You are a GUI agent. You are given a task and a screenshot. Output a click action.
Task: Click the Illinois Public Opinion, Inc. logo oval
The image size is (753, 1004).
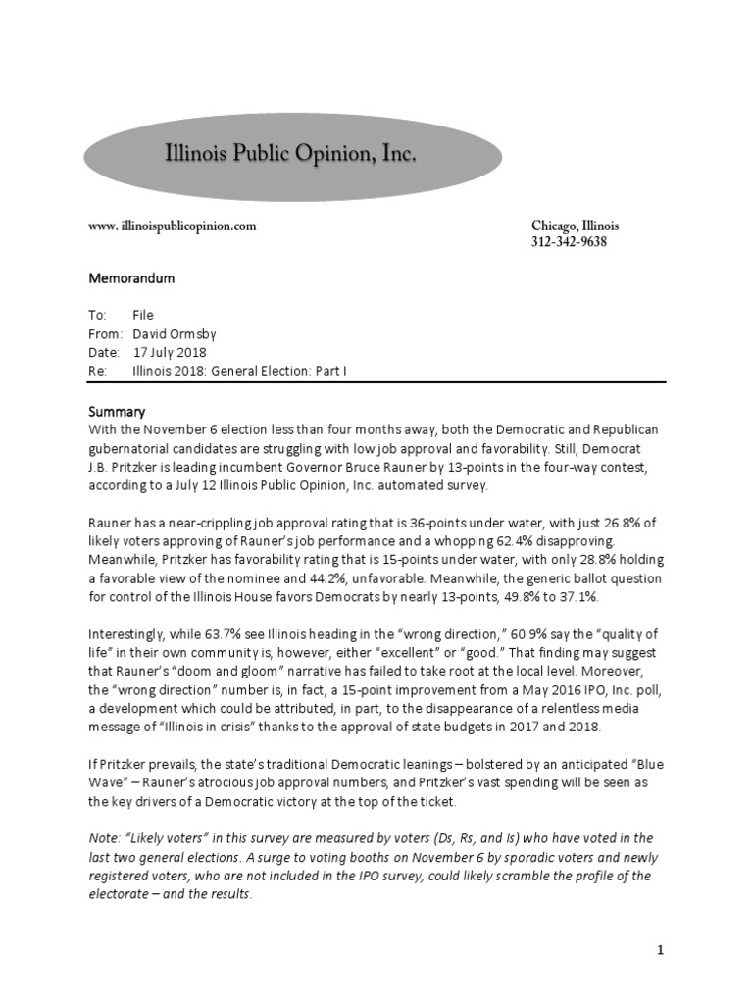point(292,156)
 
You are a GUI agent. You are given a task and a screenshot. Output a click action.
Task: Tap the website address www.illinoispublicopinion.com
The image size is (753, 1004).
point(173,226)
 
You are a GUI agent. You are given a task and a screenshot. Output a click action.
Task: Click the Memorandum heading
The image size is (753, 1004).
point(131,278)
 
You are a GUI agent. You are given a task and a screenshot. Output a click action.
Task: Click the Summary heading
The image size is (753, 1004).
point(117,413)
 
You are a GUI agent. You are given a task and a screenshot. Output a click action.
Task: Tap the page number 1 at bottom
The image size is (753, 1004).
point(661,950)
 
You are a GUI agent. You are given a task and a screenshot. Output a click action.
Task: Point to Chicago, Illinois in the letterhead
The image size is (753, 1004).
point(575,226)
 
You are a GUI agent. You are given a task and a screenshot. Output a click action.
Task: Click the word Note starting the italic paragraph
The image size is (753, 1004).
point(104,838)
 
